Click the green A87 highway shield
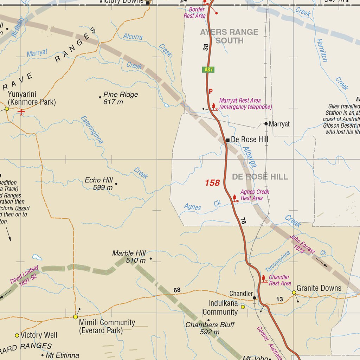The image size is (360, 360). coord(208,70)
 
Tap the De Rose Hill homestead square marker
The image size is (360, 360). coord(228,140)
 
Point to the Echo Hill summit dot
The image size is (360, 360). coord(116,184)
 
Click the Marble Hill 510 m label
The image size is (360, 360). coord(129,257)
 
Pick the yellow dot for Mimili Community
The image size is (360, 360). coord(75,317)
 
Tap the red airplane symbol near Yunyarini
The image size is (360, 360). coord(21,112)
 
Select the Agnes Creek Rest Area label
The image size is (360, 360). coord(255,195)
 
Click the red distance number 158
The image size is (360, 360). coord(212,183)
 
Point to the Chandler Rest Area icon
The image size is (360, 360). coord(264,279)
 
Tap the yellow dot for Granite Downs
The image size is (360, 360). coord(294,292)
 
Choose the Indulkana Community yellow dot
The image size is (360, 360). coord(243,307)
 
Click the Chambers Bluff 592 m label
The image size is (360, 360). coord(210,328)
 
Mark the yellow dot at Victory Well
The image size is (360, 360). coord(17,335)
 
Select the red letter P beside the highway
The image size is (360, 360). coord(211,91)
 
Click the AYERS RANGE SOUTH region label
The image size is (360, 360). coord(229,36)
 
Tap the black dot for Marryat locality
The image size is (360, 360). coord(266,124)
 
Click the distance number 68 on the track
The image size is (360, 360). coord(177,290)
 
